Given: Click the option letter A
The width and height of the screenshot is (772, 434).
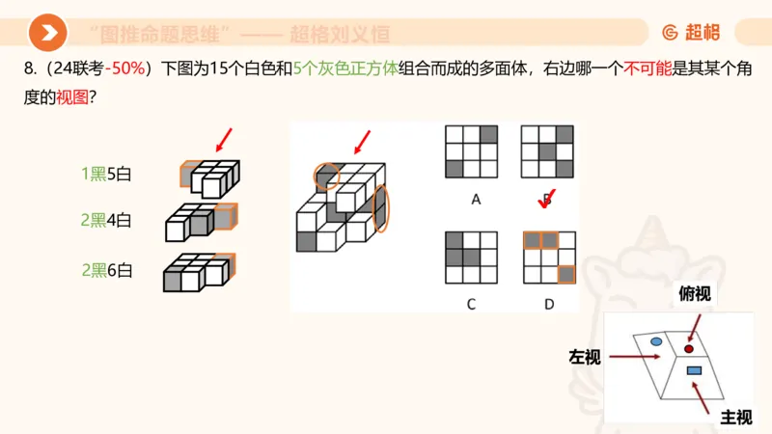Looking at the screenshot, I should pyautogui.click(x=476, y=200).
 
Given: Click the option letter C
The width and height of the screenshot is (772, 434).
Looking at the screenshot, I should pyautogui.click(x=471, y=304).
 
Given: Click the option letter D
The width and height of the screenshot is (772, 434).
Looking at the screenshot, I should pyautogui.click(x=548, y=304).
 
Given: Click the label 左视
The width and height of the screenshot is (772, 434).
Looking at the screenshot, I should pyautogui.click(x=585, y=357).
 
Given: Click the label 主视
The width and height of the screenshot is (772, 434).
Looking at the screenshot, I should pyautogui.click(x=735, y=417).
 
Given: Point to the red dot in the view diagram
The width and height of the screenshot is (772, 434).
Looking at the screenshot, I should pyautogui.click(x=689, y=347).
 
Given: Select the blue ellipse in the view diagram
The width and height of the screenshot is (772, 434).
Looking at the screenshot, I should pyautogui.click(x=656, y=341).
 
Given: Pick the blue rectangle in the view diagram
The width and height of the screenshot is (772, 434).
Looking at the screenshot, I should pyautogui.click(x=693, y=370).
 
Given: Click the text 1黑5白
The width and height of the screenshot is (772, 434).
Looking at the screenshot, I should pyautogui.click(x=105, y=175).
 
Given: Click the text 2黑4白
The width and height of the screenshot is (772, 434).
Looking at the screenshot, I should pyautogui.click(x=105, y=220).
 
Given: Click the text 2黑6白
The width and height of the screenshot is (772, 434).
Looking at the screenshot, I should pyautogui.click(x=105, y=270).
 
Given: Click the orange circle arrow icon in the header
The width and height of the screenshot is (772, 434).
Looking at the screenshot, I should pyautogui.click(x=47, y=34).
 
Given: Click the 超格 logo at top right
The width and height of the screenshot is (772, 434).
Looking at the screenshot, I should pyautogui.click(x=691, y=33).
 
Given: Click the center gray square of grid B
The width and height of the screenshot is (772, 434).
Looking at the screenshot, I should pyautogui.click(x=548, y=151).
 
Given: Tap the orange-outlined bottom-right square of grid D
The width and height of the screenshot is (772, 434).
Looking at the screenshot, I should pyautogui.click(x=566, y=275).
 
